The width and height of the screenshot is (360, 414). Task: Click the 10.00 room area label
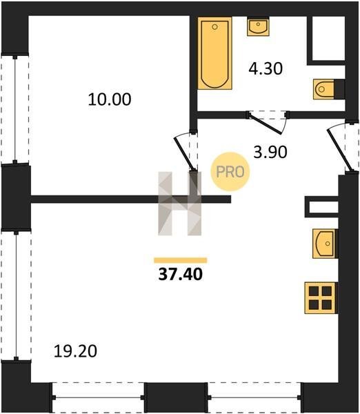pos(110,99)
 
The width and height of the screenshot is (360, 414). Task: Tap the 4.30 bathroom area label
pos(266,68)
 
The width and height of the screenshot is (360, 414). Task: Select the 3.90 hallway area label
pos(270,152)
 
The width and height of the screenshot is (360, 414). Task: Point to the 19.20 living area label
pos(75,351)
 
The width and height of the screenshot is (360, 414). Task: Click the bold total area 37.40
pos(181,274)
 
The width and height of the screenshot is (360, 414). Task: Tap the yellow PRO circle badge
pos(230,172)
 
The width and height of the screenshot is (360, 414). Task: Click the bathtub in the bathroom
pos(215,53)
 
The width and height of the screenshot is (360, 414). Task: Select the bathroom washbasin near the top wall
pos(258,26)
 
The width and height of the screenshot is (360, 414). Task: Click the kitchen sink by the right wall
pos(325,244)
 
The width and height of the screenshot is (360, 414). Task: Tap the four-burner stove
pos(321,298)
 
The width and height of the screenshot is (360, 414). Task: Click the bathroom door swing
pos(267,122)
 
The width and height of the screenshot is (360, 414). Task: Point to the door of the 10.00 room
pos(185,152)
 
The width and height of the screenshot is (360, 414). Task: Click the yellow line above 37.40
pos(181,260)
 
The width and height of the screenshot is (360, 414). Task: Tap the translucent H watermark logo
pos(180,204)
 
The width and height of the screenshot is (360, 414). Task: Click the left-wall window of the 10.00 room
pos(15,110)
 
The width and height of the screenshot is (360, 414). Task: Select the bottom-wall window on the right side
pos(254,397)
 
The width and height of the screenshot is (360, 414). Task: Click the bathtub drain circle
pos(215,27)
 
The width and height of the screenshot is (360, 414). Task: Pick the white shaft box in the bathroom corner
pos(328,39)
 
